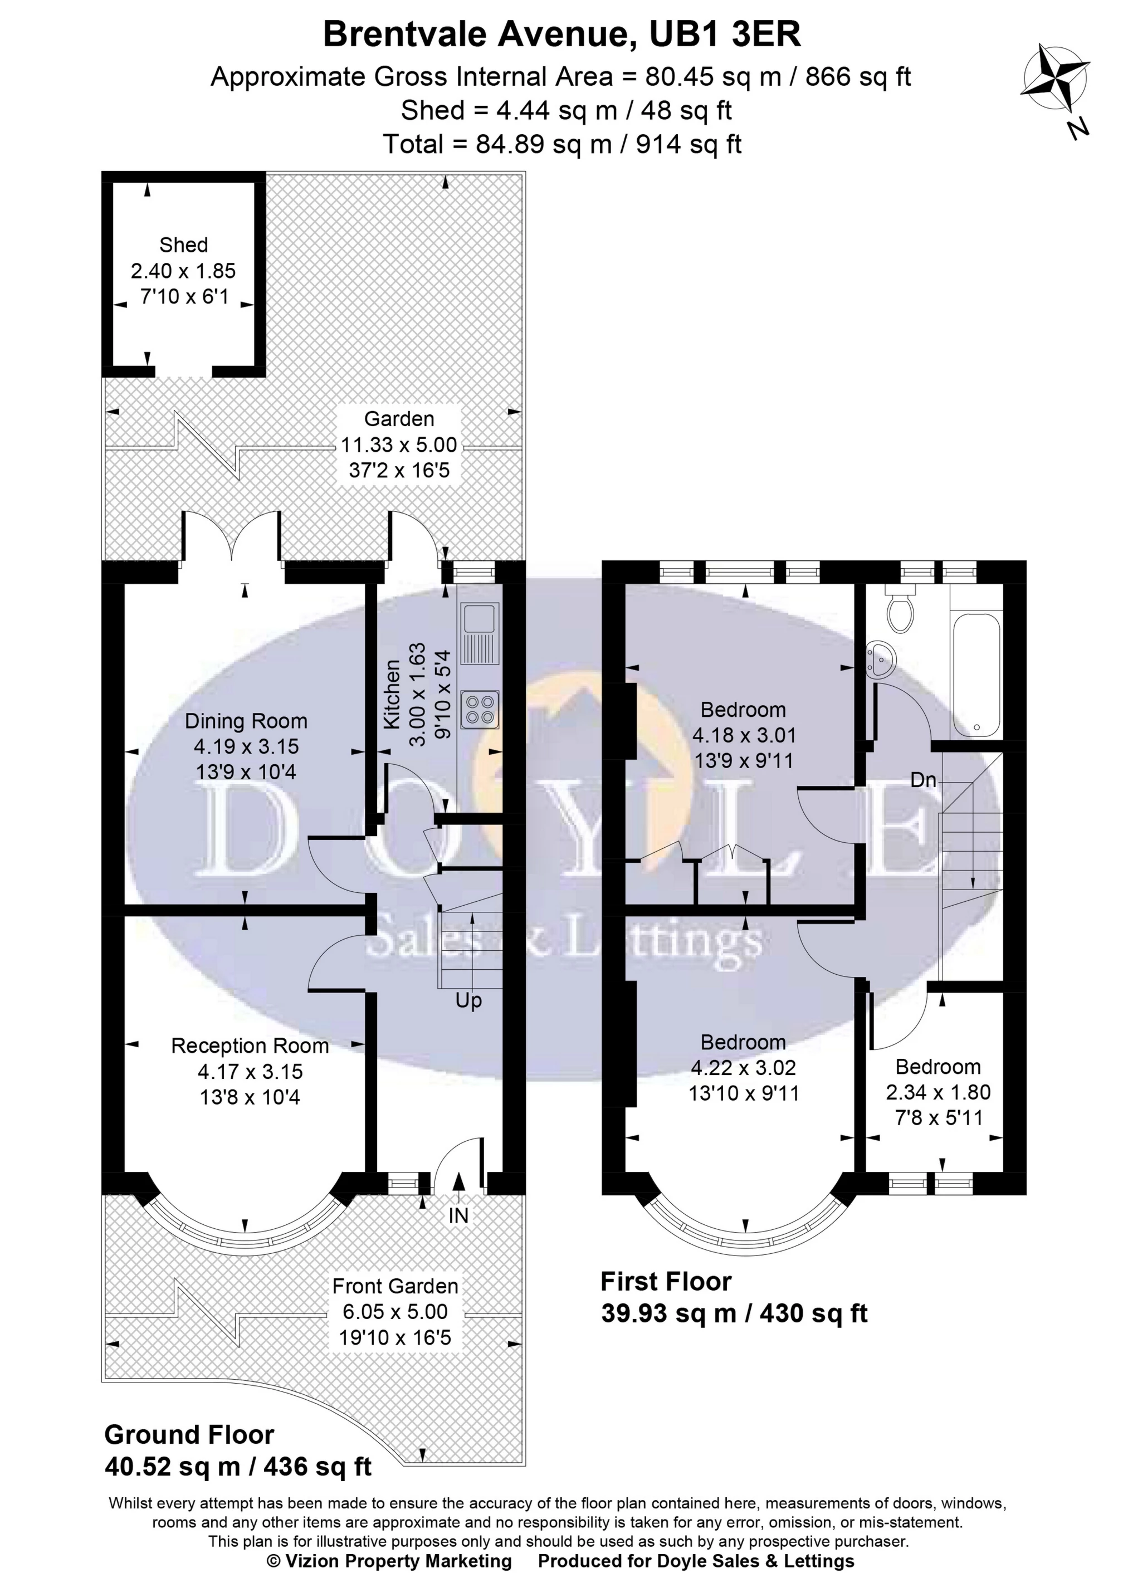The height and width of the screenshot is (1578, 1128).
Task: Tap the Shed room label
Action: pyautogui.click(x=183, y=245)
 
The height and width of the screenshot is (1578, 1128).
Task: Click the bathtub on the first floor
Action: pyautogui.click(x=976, y=674)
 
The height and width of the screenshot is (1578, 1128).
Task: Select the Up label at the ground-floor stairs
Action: pyautogui.click(x=468, y=1001)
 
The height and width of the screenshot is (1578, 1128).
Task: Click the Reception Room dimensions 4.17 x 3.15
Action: pyautogui.click(x=250, y=1072)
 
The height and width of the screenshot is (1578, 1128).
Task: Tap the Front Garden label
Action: pyautogui.click(x=395, y=1286)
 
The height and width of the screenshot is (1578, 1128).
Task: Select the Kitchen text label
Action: pyautogui.click(x=393, y=695)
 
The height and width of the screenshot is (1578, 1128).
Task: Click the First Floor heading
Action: pyautogui.click(x=666, y=1282)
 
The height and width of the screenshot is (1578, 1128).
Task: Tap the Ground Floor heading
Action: pyautogui.click(x=189, y=1434)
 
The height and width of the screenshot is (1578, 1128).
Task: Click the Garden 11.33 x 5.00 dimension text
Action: pyautogui.click(x=399, y=444)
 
